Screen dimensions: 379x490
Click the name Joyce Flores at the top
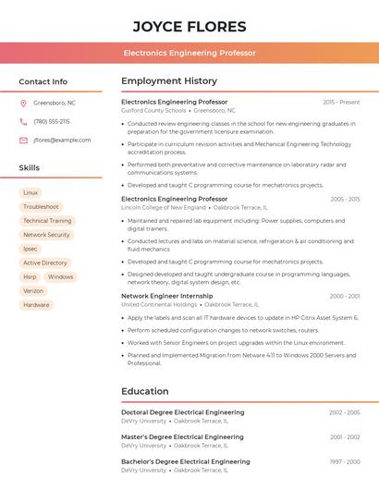(x=189, y=26)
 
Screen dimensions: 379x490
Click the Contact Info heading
(x=43, y=81)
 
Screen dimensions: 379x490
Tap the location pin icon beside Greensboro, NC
(x=23, y=103)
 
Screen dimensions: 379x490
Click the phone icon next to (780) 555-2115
(x=23, y=121)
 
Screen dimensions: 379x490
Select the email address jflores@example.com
(x=62, y=140)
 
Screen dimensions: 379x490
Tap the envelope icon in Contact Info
(x=23, y=140)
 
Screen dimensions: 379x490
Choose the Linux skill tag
(x=31, y=192)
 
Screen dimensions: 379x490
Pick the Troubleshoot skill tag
(x=41, y=207)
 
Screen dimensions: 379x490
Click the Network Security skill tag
(x=46, y=235)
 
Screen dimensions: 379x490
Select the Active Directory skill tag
(x=45, y=263)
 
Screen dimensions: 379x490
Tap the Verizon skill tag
(x=33, y=290)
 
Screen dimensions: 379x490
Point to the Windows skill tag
(x=60, y=276)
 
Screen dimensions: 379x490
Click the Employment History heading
(x=169, y=81)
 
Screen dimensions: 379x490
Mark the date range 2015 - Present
(x=341, y=102)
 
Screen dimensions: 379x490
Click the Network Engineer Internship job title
(x=167, y=296)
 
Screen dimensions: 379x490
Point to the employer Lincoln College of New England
(x=164, y=207)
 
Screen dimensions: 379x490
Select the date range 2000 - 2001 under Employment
(x=344, y=296)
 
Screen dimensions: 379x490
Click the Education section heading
(x=144, y=391)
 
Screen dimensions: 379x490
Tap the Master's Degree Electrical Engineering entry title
(x=182, y=436)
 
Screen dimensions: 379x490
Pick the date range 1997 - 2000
(x=344, y=461)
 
